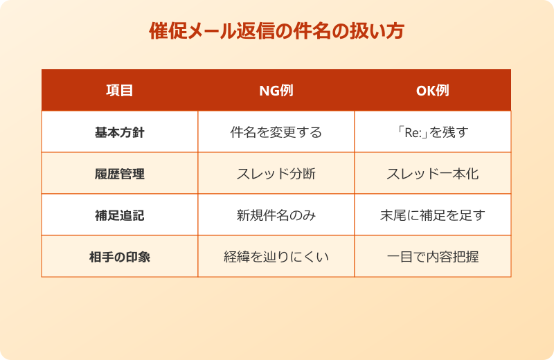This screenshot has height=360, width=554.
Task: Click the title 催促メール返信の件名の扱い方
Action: coord(276,32)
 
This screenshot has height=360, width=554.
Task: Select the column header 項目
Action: coord(119,91)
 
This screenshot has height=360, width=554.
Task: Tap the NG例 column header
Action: coord(276,91)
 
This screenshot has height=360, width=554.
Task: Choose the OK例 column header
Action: coord(432,91)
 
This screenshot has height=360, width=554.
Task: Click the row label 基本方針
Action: coord(119,132)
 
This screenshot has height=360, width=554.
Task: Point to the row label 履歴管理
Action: coord(119,174)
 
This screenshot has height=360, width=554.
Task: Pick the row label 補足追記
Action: coord(119,215)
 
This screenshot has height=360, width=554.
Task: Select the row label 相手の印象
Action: coord(119,257)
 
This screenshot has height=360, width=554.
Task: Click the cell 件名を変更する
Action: coord(276,132)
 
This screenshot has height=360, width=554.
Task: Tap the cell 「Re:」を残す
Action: coord(432,132)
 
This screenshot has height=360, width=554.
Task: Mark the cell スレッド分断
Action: coord(276,174)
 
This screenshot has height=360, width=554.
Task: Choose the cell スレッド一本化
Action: coord(432,174)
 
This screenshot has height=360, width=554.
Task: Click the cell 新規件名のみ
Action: coord(276,215)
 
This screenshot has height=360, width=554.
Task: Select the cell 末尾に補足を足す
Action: coord(432,215)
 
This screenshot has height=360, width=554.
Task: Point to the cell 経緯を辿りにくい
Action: coord(276,257)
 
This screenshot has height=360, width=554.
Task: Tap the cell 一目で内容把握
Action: coord(432,257)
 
